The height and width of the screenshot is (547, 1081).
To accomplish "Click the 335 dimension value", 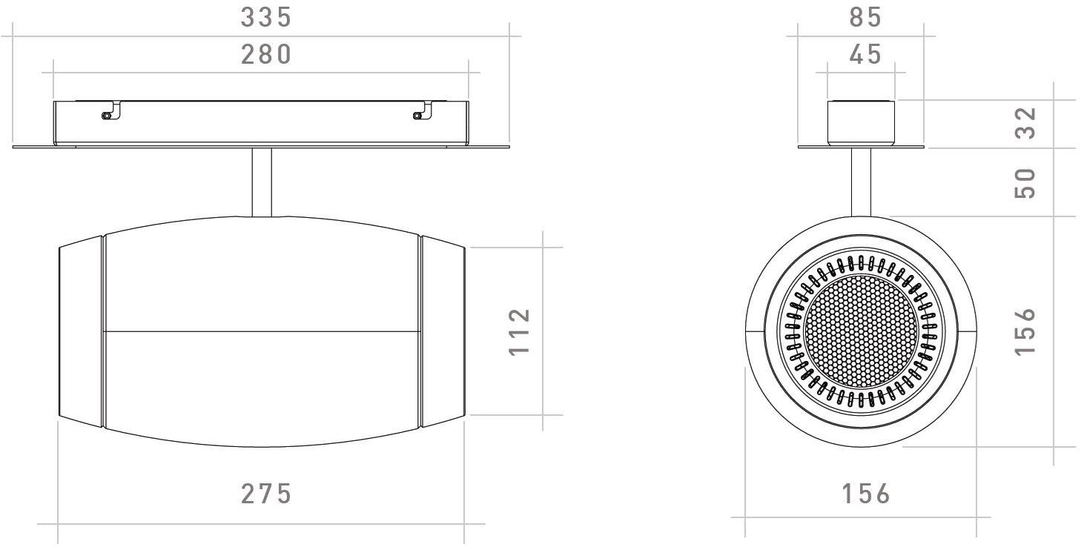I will [266, 18].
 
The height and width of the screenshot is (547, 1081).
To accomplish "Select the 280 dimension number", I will [266, 55].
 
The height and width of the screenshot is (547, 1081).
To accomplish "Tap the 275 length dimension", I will [266, 494].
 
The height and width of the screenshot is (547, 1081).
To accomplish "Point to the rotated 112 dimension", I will [520, 331].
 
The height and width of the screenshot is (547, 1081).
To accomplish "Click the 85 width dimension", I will [865, 18].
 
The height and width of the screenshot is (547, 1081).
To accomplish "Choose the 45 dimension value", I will [865, 55].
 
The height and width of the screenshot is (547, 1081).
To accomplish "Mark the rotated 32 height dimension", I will [1024, 122].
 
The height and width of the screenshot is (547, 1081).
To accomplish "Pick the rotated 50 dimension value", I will [1024, 182].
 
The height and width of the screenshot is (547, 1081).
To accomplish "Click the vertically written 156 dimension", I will [1024, 331].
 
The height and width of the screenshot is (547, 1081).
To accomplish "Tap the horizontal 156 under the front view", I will [865, 494].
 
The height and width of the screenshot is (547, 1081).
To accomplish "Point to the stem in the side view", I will [262, 182].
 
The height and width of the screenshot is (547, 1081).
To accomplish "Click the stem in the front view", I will [861, 182].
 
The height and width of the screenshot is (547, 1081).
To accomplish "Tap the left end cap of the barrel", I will [81, 331].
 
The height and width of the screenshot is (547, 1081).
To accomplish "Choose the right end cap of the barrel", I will [443, 331].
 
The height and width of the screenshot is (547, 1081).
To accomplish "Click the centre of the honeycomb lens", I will [860, 331].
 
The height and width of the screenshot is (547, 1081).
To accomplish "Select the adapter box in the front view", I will [861, 122].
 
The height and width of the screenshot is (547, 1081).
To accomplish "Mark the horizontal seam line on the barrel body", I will [262, 331].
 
